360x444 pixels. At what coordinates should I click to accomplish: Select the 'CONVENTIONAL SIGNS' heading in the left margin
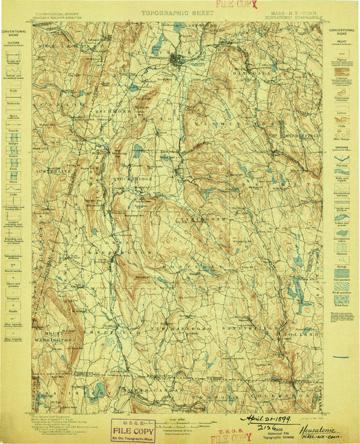tap(14, 32)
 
